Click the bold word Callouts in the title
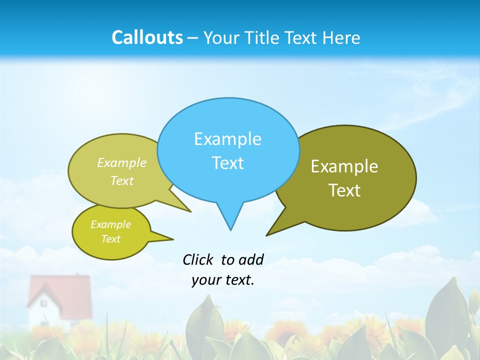[x=147, y=37]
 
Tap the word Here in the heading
[x=341, y=37]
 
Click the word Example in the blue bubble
[x=227, y=139]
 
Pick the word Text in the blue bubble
[x=227, y=163]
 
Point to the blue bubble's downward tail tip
[x=230, y=229]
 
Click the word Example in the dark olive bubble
[x=344, y=166]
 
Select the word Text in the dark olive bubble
[x=344, y=190]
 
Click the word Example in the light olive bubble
[x=122, y=163]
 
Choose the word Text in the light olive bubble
[x=122, y=180]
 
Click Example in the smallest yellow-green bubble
[x=110, y=224]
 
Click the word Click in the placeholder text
[x=197, y=259]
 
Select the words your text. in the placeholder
[x=223, y=280]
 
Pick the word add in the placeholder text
[x=251, y=259]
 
